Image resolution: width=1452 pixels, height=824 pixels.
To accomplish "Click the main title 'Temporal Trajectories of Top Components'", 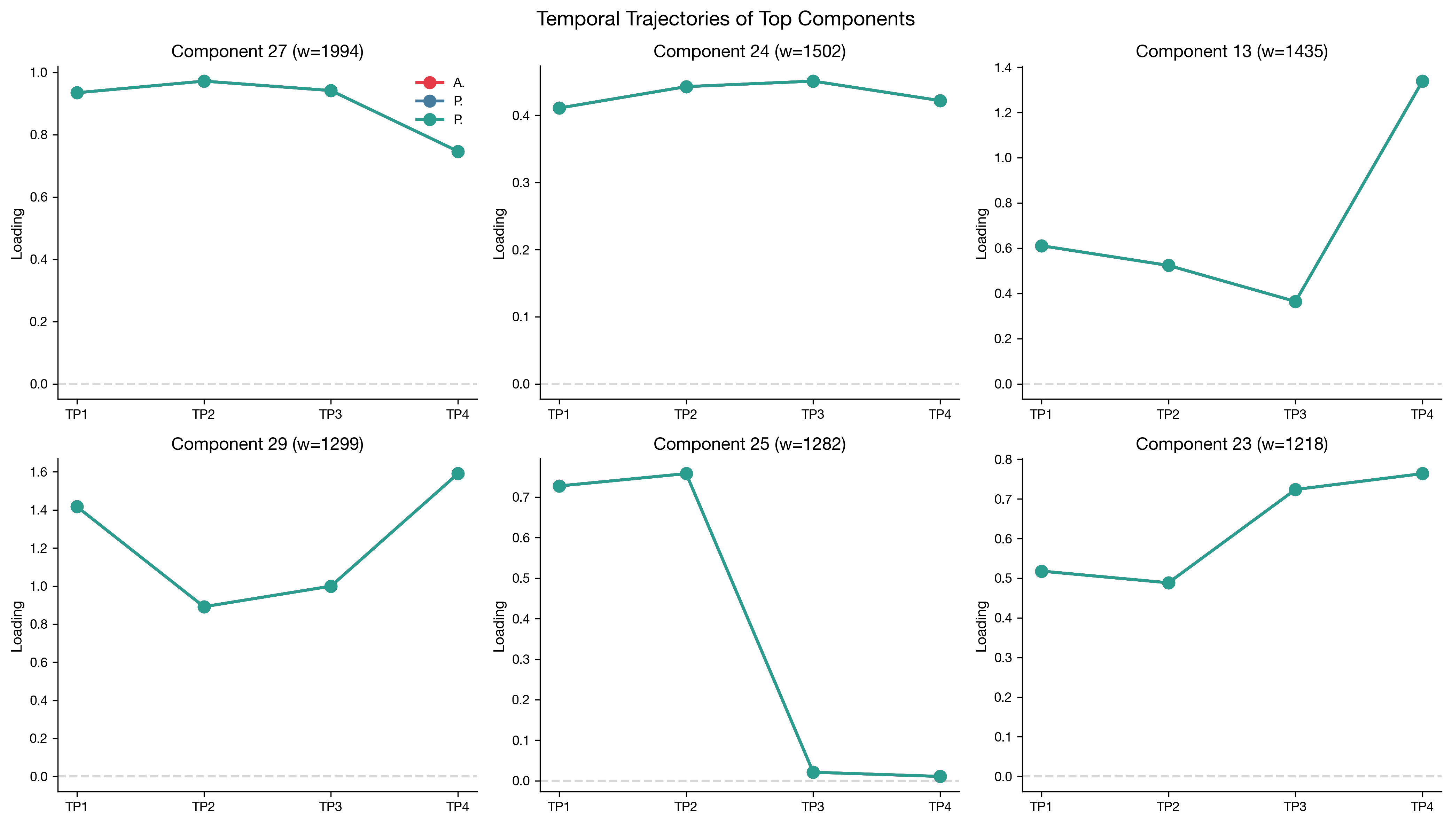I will tap(725, 19).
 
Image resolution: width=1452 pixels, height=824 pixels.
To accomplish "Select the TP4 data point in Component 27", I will tap(458, 152).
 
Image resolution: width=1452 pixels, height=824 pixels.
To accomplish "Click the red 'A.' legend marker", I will tap(430, 83).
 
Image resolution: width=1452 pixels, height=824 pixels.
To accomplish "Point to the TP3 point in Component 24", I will tap(813, 81).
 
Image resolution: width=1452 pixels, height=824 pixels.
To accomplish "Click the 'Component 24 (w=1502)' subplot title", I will tap(749, 52).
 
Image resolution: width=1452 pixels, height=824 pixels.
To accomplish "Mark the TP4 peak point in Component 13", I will tap(1422, 81).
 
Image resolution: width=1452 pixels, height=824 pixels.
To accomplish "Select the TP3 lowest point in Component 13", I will tap(1295, 301).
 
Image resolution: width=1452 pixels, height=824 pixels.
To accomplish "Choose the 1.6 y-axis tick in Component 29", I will tap(39, 472).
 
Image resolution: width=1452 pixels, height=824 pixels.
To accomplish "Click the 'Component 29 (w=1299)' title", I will tap(267, 444).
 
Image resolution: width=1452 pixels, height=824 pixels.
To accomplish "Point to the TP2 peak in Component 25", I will tap(686, 474).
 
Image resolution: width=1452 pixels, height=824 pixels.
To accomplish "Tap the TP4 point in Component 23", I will tap(1422, 474).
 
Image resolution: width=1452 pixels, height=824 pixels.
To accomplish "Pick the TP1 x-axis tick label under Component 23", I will tap(1041, 807).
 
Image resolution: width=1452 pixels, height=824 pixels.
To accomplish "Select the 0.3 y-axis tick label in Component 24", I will tap(521, 183).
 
